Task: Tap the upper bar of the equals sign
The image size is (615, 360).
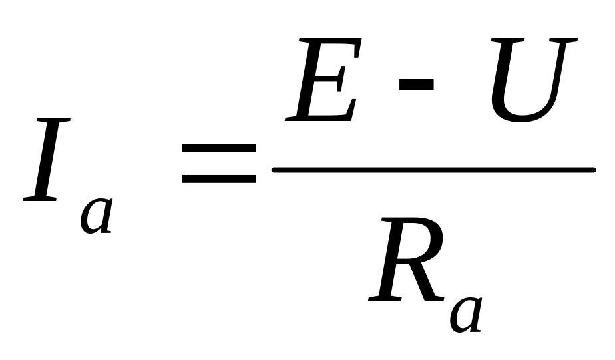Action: [219, 146]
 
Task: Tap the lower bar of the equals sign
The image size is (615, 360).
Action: [219, 178]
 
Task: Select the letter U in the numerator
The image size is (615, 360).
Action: [529, 80]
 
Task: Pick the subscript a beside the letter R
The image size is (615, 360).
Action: [466, 313]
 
